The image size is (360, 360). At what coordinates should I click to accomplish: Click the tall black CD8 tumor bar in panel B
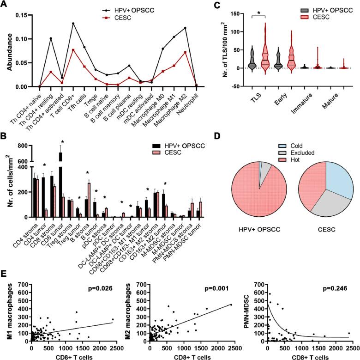click(x=60, y=185)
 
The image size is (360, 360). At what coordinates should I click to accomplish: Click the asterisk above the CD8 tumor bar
click(x=62, y=142)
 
